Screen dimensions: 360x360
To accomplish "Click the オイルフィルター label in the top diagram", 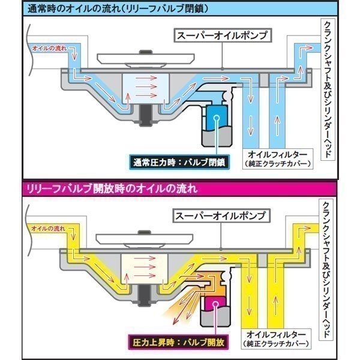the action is tap(276, 152).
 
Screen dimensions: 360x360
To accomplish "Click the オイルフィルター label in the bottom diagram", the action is tap(276, 332).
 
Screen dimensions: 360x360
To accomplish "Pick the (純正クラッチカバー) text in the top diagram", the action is tap(276, 164).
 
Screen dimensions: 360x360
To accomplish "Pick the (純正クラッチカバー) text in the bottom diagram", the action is tap(276, 344).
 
